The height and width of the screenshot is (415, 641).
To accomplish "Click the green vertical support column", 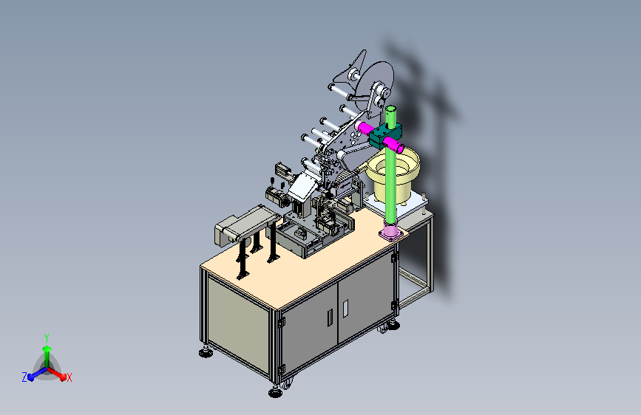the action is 391,171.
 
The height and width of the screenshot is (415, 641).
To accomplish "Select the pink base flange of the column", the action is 391,233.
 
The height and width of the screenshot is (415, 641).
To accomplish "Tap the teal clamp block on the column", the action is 384,135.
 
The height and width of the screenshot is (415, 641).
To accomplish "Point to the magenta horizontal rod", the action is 381,136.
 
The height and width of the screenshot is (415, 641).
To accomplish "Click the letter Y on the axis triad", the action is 47,338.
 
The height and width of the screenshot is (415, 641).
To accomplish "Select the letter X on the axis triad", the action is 69,378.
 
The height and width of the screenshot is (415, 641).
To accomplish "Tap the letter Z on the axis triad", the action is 24,377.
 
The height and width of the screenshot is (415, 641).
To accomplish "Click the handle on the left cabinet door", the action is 330,318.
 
